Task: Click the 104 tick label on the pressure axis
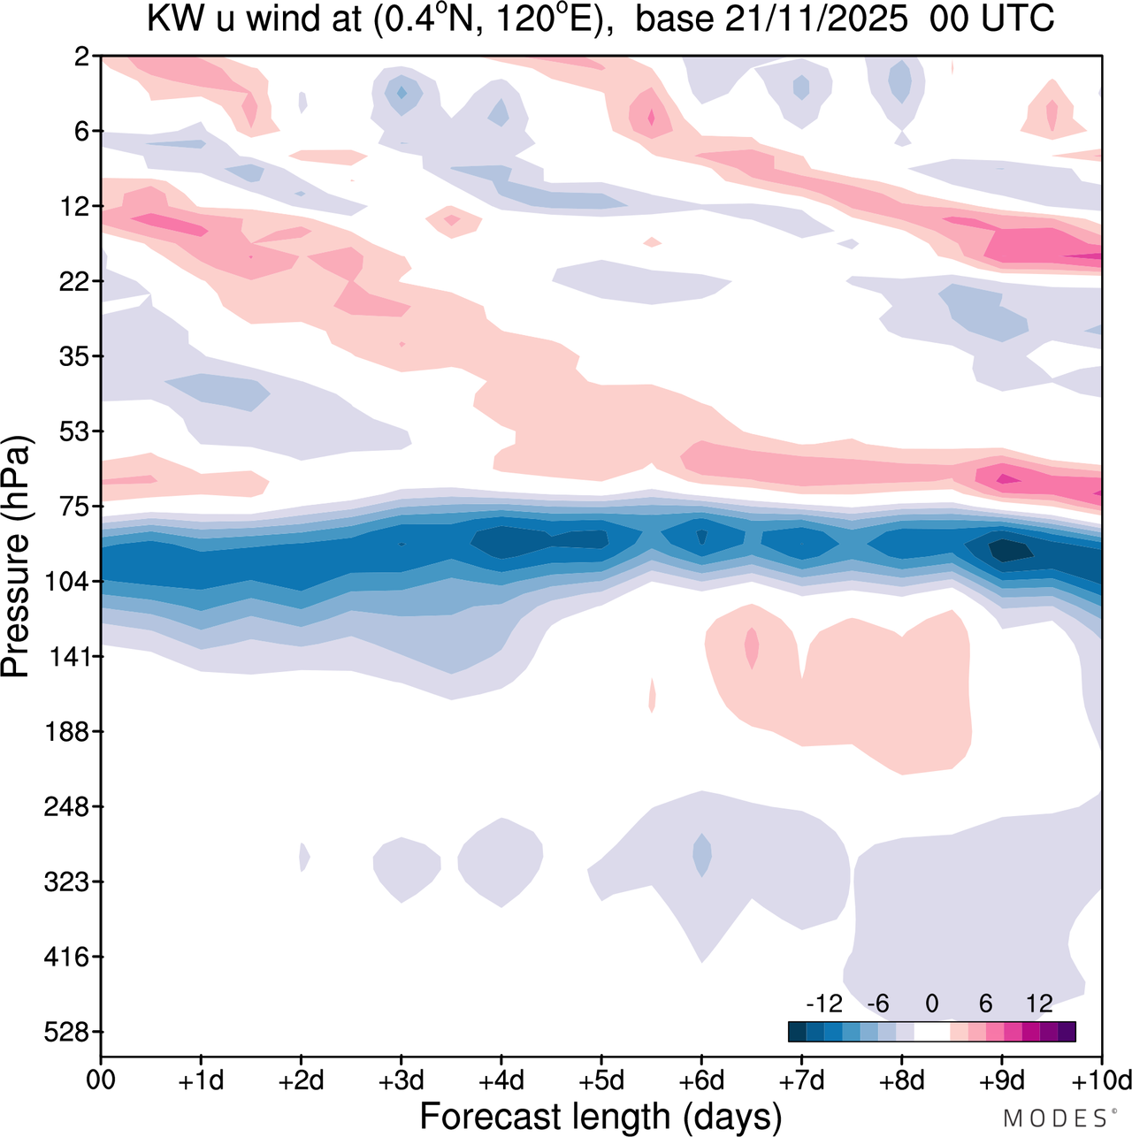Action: [71, 582]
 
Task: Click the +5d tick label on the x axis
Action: [601, 1080]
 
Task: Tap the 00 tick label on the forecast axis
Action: [101, 1080]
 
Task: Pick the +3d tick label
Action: [402, 1080]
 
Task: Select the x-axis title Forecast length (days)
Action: [600, 1116]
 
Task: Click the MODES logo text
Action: [1054, 1118]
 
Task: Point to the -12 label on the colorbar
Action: [823, 1003]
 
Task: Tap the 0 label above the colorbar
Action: [931, 1003]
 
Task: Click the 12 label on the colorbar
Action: [1039, 1003]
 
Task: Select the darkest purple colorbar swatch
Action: [1067, 1032]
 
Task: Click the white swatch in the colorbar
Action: [931, 1032]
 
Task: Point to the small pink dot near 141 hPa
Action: [752, 648]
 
